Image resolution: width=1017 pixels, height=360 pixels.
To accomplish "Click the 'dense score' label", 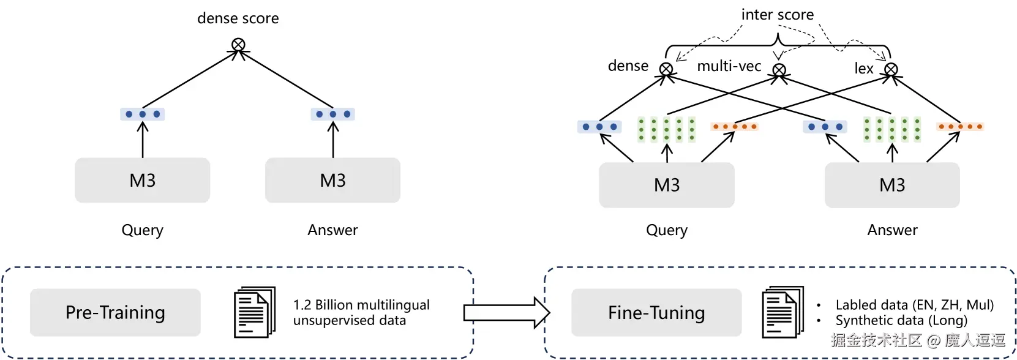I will tap(238, 18).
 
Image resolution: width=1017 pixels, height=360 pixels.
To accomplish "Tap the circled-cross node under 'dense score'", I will tap(238, 45).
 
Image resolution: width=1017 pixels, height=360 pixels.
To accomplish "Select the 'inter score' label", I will tap(777, 15).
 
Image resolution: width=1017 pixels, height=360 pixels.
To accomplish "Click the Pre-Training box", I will tap(115, 312).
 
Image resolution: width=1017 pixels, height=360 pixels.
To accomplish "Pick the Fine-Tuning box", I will tap(656, 313).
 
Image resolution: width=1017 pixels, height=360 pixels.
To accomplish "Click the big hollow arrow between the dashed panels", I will tap(507, 313).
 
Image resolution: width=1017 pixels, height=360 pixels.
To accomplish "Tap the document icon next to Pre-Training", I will tap(254, 312).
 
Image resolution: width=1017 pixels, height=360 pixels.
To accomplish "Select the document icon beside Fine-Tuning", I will tap(782, 312).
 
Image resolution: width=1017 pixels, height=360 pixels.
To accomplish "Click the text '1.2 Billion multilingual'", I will tap(361, 304).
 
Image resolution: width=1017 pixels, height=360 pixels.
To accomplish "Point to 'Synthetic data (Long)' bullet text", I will tap(901, 320).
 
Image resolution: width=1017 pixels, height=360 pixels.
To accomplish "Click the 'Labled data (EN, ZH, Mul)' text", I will tap(914, 305).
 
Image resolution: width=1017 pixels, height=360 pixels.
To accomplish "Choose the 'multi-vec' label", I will tap(729, 66).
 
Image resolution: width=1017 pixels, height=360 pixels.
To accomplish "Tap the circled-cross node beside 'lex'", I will tap(891, 69).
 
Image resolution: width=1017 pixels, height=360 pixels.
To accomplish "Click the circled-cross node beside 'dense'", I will tap(666, 69).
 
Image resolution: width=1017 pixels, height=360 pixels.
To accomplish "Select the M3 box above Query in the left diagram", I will tap(143, 181).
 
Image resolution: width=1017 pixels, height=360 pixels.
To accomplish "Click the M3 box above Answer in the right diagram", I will tap(892, 185).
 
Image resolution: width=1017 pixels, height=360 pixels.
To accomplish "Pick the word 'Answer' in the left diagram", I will tap(332, 230).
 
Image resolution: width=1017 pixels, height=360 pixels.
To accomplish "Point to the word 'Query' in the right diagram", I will tap(667, 230).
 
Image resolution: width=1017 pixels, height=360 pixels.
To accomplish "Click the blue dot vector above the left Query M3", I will tap(143, 114).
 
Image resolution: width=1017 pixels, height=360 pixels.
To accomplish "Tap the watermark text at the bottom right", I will tap(918, 340).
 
